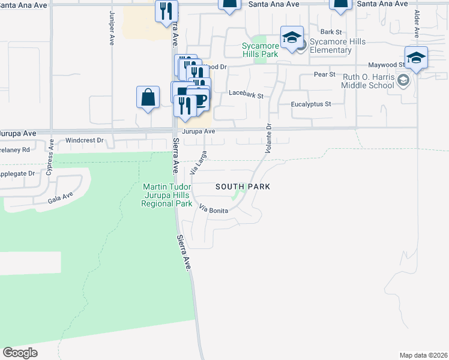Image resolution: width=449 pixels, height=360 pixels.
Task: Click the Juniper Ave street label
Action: pos(112,28)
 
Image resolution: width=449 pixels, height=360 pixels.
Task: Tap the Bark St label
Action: pos(331,32)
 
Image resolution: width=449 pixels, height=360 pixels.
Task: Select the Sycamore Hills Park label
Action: pos(261,49)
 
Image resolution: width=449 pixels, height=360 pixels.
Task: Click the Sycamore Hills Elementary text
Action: pos(331,46)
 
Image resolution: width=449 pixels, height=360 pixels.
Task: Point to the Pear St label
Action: pos(325,74)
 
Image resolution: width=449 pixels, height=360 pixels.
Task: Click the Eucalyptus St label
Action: pos(311,104)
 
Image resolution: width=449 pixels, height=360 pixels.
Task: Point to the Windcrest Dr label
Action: pos(85,140)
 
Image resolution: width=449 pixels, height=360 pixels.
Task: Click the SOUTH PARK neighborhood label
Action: pos(243,187)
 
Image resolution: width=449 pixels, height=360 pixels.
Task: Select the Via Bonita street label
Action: pos(214,210)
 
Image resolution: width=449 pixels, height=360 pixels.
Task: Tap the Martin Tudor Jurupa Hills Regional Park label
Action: pos(166,196)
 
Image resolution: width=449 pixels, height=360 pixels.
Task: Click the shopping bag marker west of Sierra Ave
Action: pos(148,97)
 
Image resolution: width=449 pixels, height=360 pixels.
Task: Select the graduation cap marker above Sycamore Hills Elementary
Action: pos(292,38)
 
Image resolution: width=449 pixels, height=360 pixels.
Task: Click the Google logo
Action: pos(20,352)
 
